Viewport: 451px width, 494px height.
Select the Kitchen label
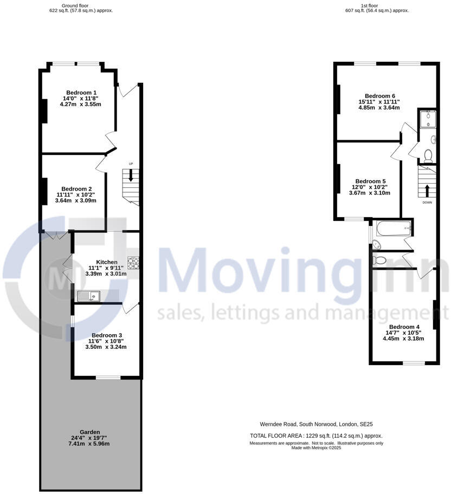tap(106, 262)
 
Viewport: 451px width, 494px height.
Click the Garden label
tap(89, 432)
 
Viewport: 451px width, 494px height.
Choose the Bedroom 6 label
tap(379, 96)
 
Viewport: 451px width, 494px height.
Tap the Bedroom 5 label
tap(370, 181)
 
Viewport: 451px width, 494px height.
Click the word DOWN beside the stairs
tap(427, 203)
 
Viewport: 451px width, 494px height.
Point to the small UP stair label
tap(131, 164)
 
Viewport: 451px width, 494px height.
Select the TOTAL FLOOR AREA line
tap(316, 435)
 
